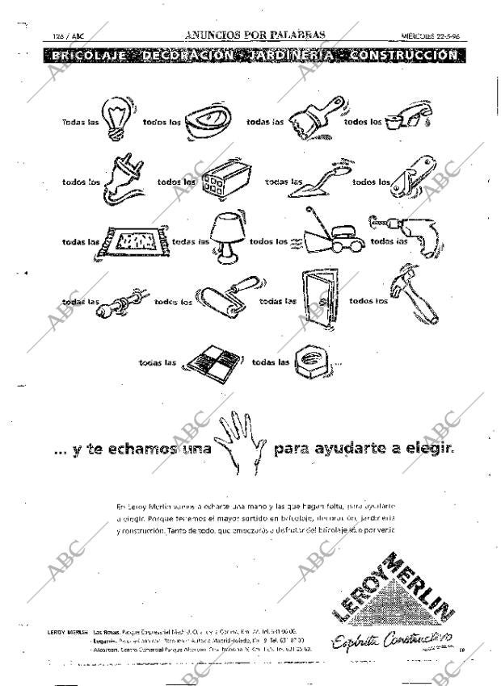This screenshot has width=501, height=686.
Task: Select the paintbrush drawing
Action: [314, 118]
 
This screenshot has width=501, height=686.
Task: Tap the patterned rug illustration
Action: [135, 240]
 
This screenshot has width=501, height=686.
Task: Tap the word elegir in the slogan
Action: [427, 446]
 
